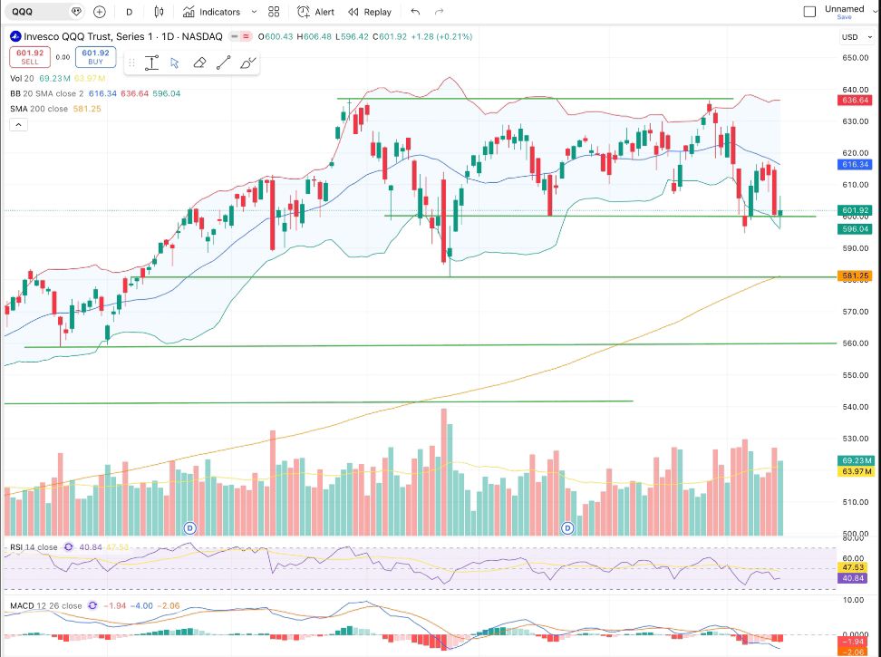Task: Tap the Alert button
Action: (316, 12)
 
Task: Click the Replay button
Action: (370, 12)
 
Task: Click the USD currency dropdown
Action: (852, 37)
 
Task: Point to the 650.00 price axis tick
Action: (857, 58)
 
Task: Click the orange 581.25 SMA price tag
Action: (856, 275)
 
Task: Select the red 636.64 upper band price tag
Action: (856, 101)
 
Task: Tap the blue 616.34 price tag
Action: (856, 165)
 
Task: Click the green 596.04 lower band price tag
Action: (856, 229)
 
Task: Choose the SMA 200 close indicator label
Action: (39, 109)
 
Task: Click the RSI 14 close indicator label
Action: (34, 548)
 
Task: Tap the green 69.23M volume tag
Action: (856, 460)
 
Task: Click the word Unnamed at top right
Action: (844, 9)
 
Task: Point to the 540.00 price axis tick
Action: (857, 406)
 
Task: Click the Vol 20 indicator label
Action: (23, 79)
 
